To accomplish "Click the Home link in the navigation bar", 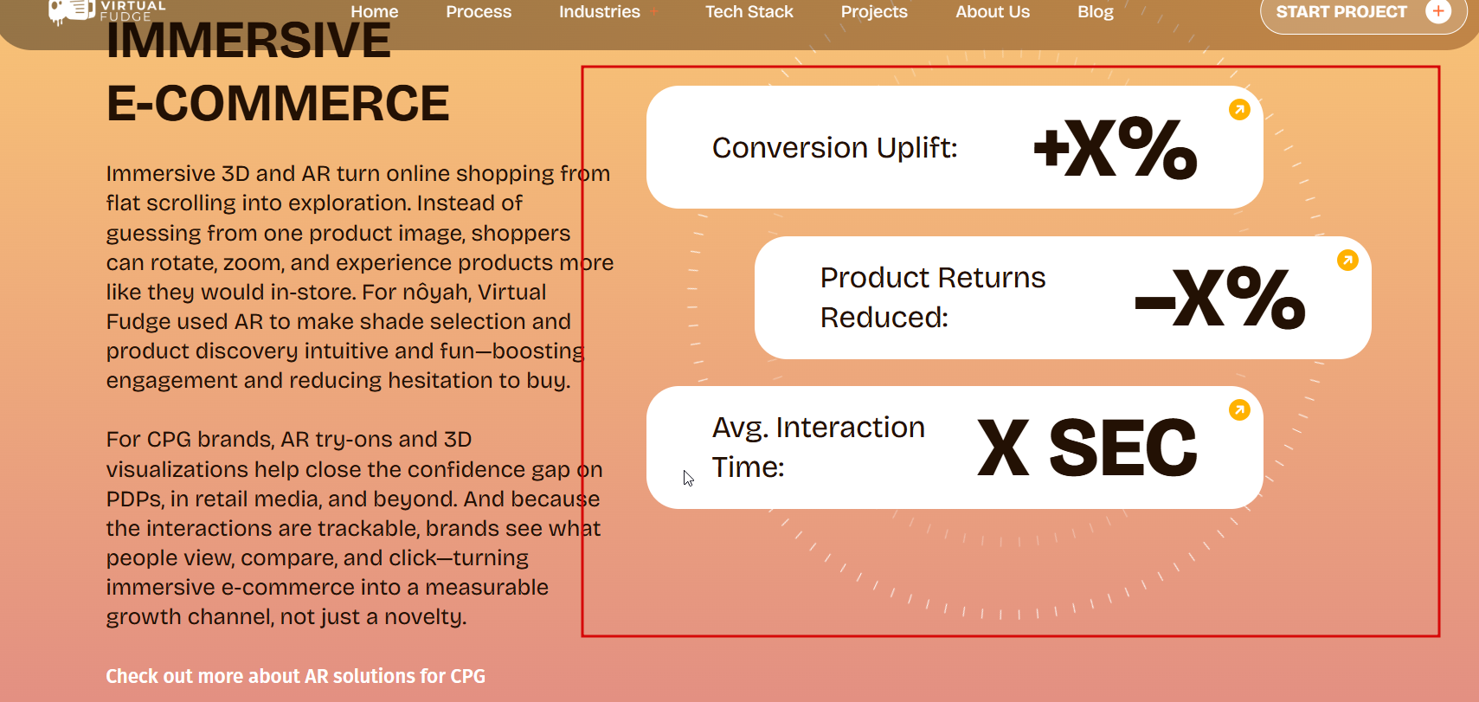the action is (375, 12).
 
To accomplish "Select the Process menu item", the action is (479, 12).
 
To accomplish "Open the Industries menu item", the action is (600, 12).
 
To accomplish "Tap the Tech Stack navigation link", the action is (749, 12).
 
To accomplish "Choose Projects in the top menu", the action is (874, 12).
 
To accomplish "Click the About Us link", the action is (993, 12).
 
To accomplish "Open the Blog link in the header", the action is (1096, 12).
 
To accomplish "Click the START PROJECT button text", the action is (1341, 12).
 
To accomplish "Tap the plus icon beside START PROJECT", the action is (1438, 11).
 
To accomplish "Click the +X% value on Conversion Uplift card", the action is (1116, 148).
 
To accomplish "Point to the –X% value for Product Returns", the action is (1219, 299).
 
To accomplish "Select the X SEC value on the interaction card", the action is (1087, 448).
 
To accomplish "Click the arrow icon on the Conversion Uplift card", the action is (1239, 110).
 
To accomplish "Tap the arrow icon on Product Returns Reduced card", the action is (1347, 261).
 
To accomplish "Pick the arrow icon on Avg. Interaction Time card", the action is (1239, 410).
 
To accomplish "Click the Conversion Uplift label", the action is (834, 148).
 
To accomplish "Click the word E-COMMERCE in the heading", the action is (278, 104).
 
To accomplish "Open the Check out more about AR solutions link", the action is (296, 676).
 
